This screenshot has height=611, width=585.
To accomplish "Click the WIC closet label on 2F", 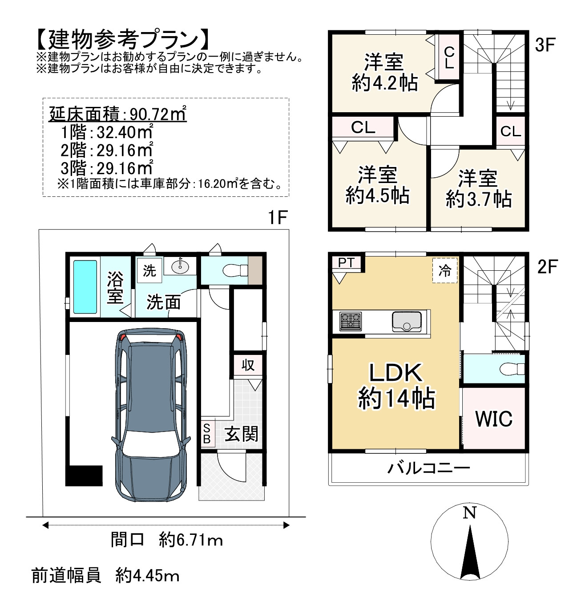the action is click(x=494, y=419).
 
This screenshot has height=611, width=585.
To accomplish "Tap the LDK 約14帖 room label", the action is click(x=396, y=386).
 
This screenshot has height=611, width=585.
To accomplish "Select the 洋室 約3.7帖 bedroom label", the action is click(x=478, y=188).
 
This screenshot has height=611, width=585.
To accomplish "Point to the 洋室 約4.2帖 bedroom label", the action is click(x=384, y=72).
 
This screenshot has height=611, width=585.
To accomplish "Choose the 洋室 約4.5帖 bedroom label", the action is click(x=377, y=185).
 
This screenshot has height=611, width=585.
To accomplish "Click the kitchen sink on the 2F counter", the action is click(x=407, y=322).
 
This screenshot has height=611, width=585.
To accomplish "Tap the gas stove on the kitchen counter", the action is click(x=351, y=321).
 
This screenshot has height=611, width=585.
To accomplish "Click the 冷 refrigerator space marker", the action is click(x=445, y=270).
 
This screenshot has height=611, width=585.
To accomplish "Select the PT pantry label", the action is click(x=346, y=262).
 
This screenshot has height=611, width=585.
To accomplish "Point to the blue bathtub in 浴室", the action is click(x=85, y=287).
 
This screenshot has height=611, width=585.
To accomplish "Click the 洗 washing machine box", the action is click(x=149, y=270).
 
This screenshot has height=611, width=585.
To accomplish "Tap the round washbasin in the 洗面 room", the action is click(x=180, y=267).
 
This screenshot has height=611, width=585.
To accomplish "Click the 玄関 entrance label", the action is click(x=241, y=434).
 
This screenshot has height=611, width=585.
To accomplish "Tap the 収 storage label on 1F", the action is click(x=248, y=365).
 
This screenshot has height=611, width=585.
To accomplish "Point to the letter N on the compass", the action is click(x=469, y=513).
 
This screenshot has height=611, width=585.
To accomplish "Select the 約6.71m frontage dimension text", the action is click(x=191, y=540).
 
